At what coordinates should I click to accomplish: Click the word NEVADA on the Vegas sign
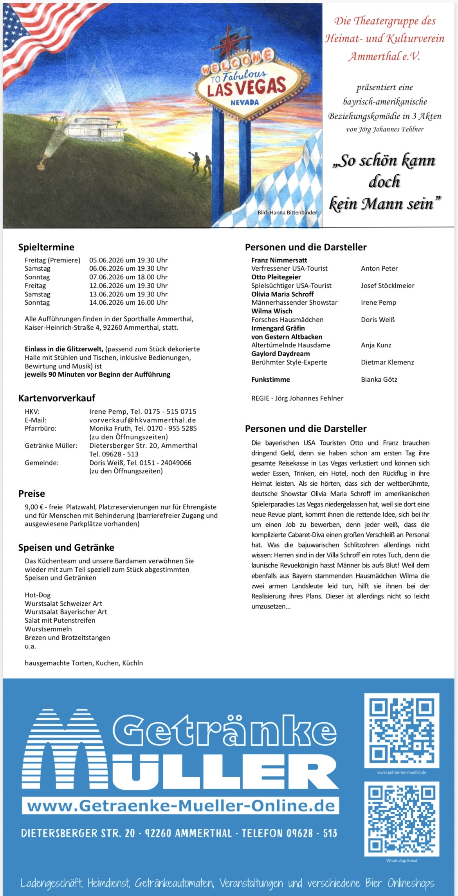[245, 102]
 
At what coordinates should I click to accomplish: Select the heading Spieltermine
[46, 247]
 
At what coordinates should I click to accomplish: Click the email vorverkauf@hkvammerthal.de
[142, 420]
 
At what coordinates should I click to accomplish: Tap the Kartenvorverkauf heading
[57, 398]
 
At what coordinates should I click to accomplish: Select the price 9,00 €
[34, 507]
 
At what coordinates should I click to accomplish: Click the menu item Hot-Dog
[38, 595]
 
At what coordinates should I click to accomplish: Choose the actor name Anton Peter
[379, 268]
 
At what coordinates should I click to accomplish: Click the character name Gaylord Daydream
[280, 354]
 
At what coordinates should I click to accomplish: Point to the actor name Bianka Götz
[379, 379]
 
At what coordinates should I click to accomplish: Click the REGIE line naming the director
[297, 398]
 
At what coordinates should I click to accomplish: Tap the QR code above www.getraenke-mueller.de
[402, 730]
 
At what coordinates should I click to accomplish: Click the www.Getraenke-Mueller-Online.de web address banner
[181, 806]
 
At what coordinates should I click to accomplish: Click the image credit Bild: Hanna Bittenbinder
[287, 212]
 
